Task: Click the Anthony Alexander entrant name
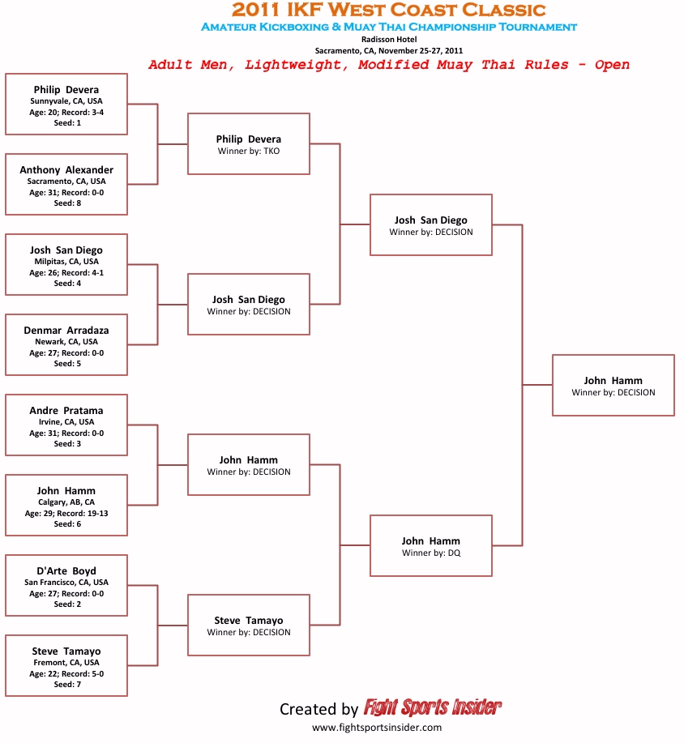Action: (66, 170)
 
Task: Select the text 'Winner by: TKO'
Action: (248, 152)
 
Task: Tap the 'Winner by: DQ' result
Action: (430, 553)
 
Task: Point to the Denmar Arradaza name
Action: (66, 331)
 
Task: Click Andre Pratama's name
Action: (66, 411)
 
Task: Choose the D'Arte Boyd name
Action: (66, 571)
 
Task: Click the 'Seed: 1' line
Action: (66, 123)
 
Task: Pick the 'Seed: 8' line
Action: (66, 203)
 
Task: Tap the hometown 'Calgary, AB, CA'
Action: (66, 502)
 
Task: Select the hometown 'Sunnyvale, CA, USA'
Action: (66, 101)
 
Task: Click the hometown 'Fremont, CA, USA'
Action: (66, 663)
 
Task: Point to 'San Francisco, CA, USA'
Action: (66, 583)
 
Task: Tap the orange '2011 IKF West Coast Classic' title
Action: (388, 11)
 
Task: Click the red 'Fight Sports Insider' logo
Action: (432, 708)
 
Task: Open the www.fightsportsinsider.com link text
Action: (377, 728)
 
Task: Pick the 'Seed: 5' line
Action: (66, 364)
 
